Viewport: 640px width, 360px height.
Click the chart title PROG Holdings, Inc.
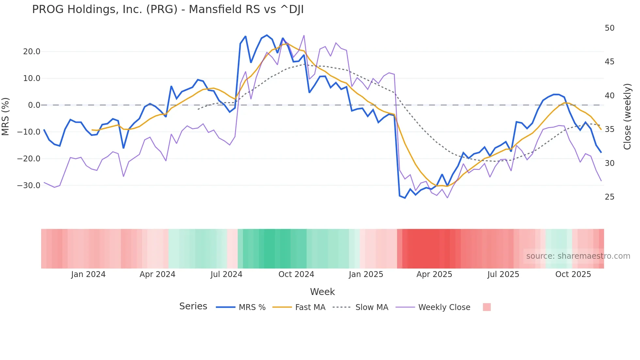[x=168, y=9]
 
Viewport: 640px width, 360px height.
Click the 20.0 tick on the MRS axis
[x=32, y=52]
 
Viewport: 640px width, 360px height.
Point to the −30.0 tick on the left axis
[x=29, y=186]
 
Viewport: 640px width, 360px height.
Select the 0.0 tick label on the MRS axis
[x=34, y=105]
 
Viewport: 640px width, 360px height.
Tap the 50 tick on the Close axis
[x=609, y=28]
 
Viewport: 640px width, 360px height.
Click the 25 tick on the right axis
[x=609, y=197]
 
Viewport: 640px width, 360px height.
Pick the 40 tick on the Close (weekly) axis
[x=609, y=96]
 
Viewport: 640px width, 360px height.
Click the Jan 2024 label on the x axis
[x=88, y=274]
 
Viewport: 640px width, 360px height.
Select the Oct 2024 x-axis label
[x=296, y=274]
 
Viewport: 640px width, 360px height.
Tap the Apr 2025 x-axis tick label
[x=434, y=274]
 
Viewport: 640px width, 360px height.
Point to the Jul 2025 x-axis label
[x=503, y=274]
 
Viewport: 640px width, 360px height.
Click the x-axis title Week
[x=322, y=292]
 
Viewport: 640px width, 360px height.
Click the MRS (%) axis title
[x=6, y=116]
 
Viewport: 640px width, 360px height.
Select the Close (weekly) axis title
[x=627, y=116]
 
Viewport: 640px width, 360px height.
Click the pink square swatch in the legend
[x=487, y=307]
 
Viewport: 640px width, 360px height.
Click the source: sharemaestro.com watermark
[x=578, y=256]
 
